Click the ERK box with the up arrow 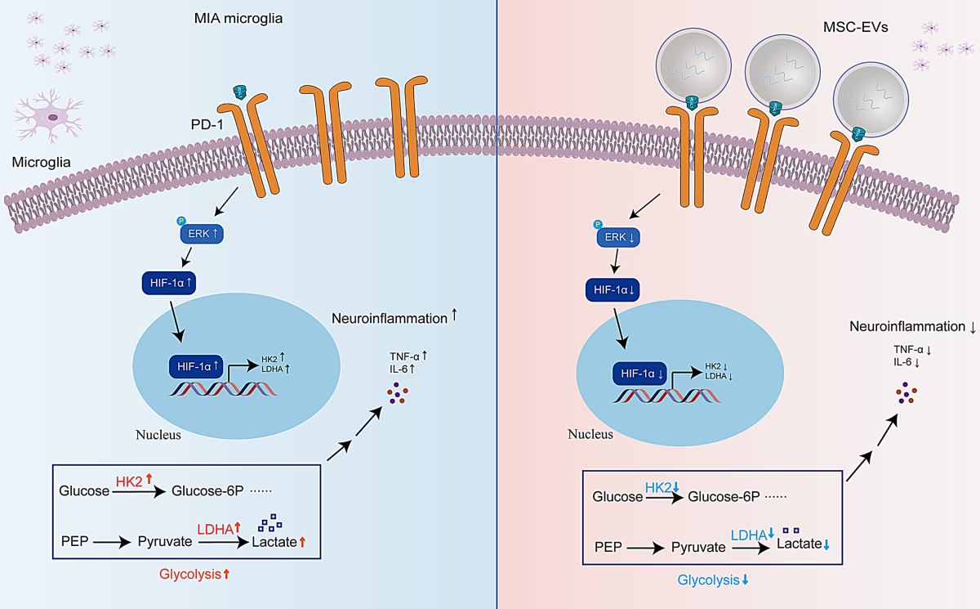[201, 235]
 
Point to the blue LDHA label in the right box [747, 535]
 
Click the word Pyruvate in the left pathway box [163, 541]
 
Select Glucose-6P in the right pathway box [724, 497]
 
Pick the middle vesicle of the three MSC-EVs [778, 73]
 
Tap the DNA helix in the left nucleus [222, 388]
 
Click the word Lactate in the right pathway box [799, 544]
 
